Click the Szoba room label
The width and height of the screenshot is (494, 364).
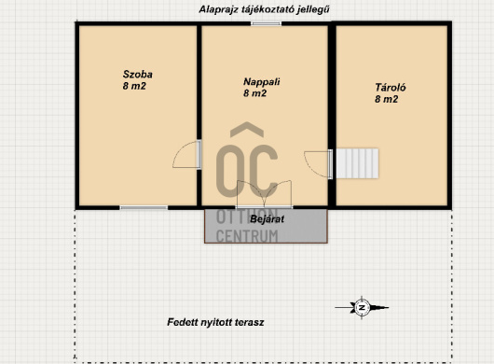point(138,75)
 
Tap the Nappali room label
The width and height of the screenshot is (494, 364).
point(262,82)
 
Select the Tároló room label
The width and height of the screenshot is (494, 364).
point(391,88)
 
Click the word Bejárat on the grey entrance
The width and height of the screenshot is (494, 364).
point(267,219)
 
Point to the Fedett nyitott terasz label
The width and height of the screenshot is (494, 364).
point(215,322)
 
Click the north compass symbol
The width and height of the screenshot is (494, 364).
point(362,307)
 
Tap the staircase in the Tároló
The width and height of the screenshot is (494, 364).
point(357,163)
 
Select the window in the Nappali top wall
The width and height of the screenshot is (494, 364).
point(266,23)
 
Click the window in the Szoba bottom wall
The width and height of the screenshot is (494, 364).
point(144,207)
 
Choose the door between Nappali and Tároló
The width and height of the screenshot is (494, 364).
point(318,164)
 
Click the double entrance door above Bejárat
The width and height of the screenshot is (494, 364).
point(264,194)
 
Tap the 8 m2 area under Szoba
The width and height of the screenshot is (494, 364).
point(134,86)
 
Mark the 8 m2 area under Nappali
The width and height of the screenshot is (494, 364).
point(254,93)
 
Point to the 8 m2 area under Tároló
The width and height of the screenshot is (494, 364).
point(386,99)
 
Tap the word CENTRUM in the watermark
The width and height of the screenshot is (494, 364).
point(247,236)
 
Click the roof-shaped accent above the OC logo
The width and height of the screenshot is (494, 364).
point(247,130)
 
